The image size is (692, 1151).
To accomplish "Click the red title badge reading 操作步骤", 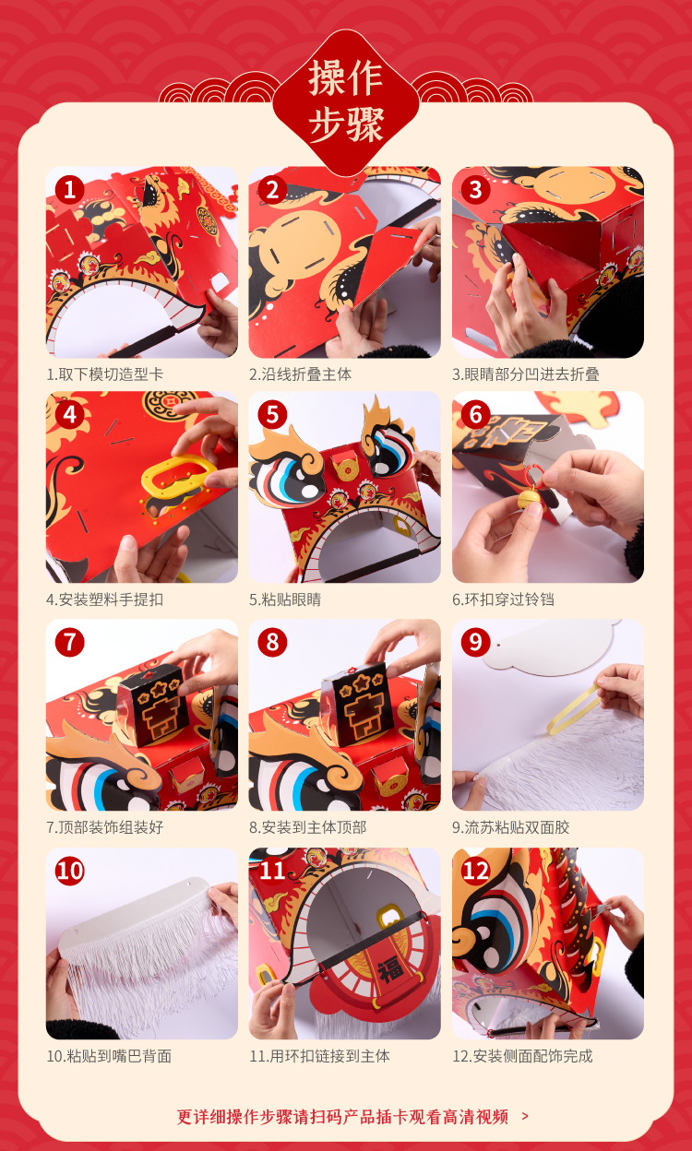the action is point(345,101).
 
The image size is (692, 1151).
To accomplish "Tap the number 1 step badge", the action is point(69,190).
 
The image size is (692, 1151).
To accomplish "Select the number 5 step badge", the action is point(272,415).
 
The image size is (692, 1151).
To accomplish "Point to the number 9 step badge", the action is point(475,642).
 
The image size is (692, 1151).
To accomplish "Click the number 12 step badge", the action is point(475,871).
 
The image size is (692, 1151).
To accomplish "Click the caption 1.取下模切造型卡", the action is point(105,374).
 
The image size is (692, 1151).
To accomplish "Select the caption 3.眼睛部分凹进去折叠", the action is point(526,374).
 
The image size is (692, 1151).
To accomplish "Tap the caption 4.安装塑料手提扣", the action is point(105,599).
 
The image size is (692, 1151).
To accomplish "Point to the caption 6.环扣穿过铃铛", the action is point(504,599).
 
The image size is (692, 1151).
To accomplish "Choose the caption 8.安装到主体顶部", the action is point(308,827).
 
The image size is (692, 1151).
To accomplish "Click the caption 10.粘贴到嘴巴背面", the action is point(109,1056).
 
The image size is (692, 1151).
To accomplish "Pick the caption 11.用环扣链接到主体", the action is point(320,1056).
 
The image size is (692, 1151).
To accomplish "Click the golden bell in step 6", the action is point(528,498).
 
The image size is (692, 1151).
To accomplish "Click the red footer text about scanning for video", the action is point(343,1116).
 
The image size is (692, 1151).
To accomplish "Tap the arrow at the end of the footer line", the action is point(524,1116).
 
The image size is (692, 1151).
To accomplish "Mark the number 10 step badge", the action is point(69,871).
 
